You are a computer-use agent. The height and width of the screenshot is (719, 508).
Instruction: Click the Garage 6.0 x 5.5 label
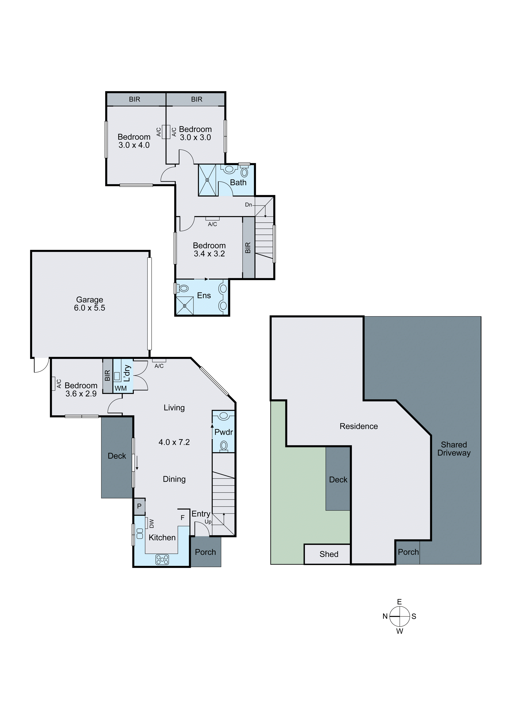point(90,304)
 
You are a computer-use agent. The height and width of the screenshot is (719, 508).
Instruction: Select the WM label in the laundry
point(121,388)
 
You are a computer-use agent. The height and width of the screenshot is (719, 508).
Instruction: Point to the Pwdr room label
point(224,432)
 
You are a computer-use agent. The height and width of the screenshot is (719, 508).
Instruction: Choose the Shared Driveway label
point(454,449)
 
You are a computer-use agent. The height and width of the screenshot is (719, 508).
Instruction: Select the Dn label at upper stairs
point(249,205)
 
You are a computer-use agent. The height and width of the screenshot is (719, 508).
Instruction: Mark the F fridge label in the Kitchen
point(183,518)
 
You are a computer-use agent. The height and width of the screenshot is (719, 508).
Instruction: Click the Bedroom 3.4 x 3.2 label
point(209,250)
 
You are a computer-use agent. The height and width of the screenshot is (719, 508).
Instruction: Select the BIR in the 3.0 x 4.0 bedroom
point(135,99)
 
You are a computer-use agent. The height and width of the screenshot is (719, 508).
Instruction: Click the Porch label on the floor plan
point(205,552)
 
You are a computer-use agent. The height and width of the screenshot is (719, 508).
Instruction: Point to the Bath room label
point(238,183)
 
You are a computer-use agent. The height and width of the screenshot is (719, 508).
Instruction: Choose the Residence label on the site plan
point(359,426)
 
